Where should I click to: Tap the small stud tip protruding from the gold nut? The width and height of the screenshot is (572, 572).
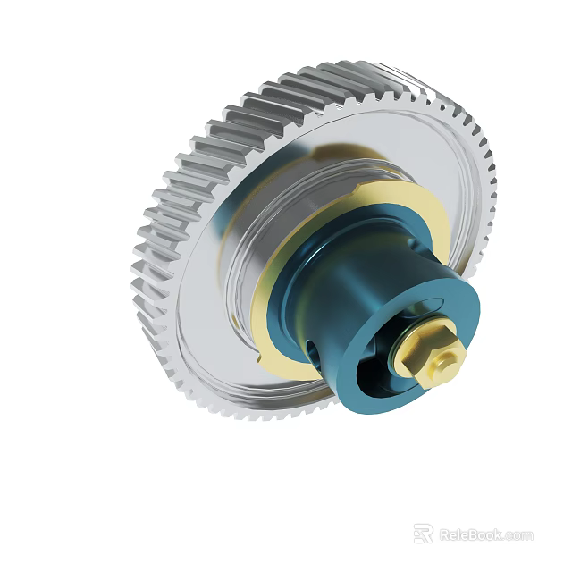[x=447, y=356]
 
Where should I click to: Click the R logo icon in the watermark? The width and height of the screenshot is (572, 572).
[x=423, y=534]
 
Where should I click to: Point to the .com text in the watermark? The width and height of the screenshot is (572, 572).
[x=520, y=536]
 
